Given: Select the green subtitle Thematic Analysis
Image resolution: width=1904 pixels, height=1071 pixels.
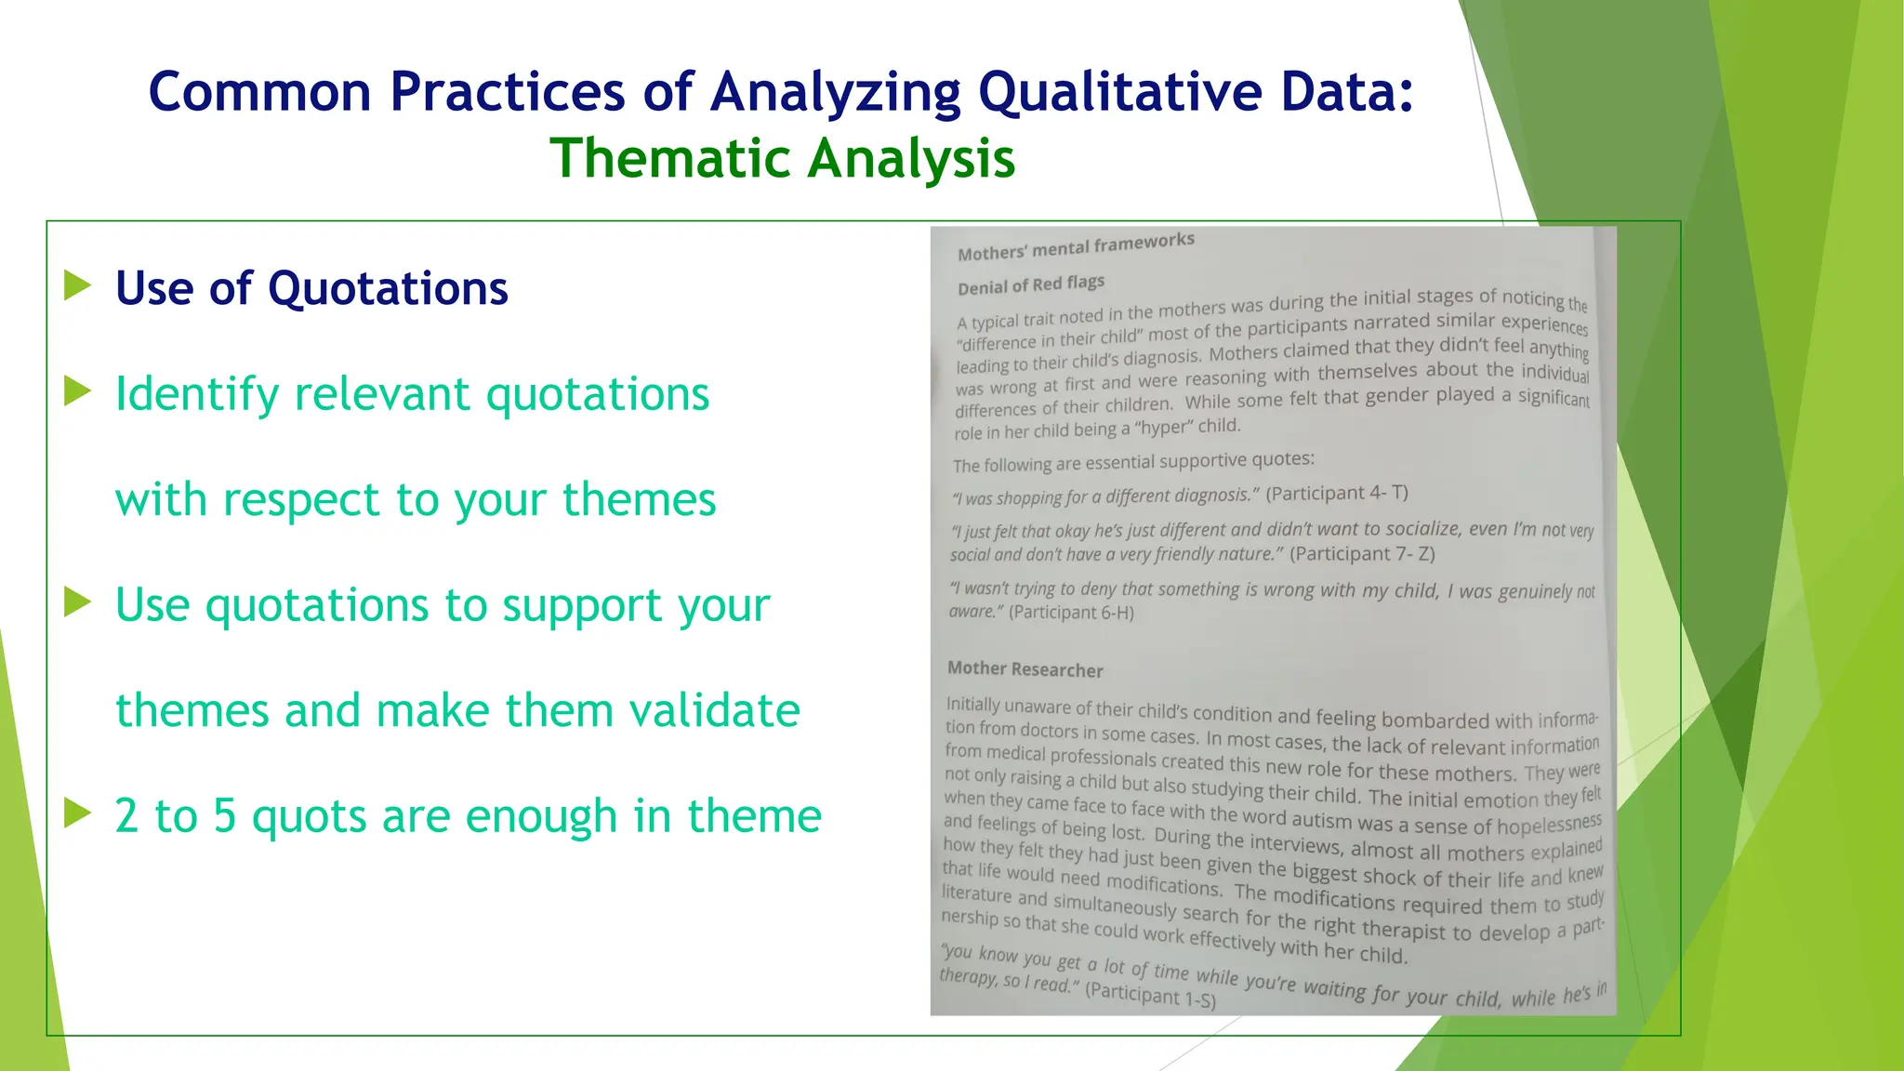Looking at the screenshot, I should pyautogui.click(x=782, y=158).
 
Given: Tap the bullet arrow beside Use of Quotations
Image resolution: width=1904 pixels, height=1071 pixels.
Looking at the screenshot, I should pyautogui.click(x=78, y=285).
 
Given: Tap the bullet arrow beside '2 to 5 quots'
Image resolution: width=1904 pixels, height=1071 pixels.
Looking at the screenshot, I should pyautogui.click(x=78, y=813).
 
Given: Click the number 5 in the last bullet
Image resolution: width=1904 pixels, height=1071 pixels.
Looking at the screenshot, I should pyautogui.click(x=224, y=815).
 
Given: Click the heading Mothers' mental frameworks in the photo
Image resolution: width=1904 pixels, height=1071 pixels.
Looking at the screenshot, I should pyautogui.click(x=1076, y=247).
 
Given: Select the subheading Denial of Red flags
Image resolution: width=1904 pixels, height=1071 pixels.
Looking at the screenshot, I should pyautogui.click(x=1031, y=284).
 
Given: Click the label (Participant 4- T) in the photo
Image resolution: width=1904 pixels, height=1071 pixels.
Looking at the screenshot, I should pyautogui.click(x=1336, y=493).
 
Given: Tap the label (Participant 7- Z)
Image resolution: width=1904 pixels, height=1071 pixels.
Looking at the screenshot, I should pyautogui.click(x=1362, y=554).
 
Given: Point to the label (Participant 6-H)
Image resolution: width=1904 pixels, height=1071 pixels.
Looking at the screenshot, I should pyautogui.click(x=1071, y=613).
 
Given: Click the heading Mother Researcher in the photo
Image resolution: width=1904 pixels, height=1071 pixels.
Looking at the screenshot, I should pyautogui.click(x=1025, y=669).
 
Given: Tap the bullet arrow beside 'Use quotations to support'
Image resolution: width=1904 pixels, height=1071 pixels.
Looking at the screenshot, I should pyautogui.click(x=78, y=602).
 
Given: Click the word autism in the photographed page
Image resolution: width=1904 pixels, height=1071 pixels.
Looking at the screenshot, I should pyautogui.click(x=1322, y=821).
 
